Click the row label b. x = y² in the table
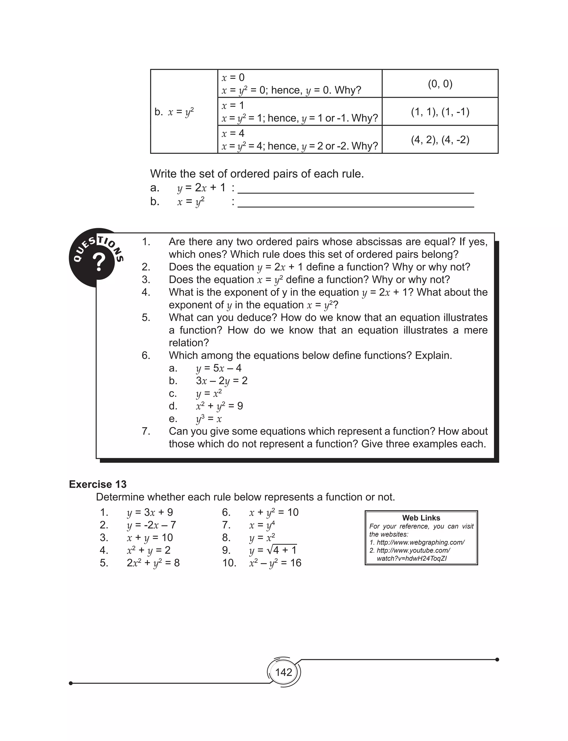coord(174,112)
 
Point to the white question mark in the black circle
coord(99,262)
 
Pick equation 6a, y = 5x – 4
coord(219,368)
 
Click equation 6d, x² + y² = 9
coord(219,406)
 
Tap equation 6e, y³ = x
coord(209,419)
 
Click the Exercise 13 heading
coord(97,484)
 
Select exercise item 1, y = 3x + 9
coord(150,512)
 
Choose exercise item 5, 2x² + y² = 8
coord(153,563)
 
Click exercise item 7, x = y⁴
coord(262,525)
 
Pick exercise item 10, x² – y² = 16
coord(275,563)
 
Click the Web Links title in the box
coord(421,518)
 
